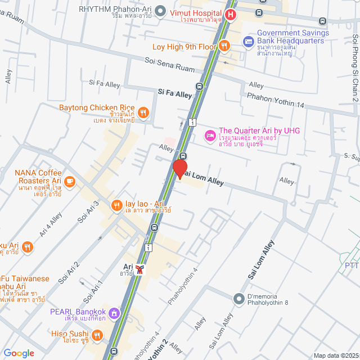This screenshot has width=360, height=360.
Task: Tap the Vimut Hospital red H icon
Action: [230, 15]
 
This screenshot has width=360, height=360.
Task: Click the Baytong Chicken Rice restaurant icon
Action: [143, 112]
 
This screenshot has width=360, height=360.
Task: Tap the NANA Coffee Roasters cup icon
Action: [70, 181]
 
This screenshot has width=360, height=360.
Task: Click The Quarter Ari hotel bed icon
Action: [209, 135]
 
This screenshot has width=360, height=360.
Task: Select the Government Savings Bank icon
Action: [248, 42]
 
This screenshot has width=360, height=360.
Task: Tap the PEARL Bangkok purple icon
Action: [114, 312]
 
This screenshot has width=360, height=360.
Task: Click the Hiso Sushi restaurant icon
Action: [97, 336]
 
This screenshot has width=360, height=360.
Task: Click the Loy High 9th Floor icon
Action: [224, 46]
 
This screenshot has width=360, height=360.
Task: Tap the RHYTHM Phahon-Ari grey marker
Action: [160, 10]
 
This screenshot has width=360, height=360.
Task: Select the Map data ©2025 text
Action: [335, 355]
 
